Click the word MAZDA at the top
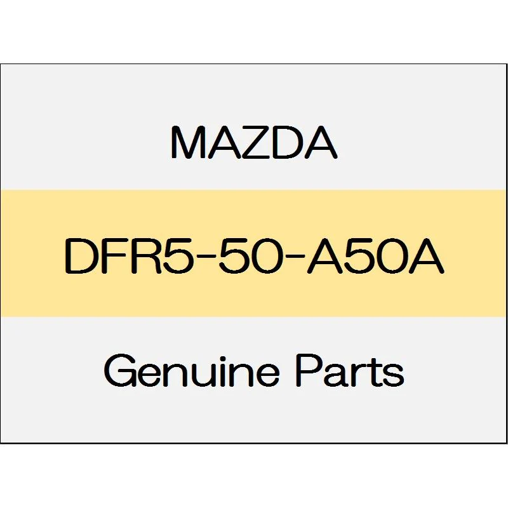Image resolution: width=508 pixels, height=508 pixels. (254, 142)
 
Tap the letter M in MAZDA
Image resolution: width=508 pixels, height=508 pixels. (188, 142)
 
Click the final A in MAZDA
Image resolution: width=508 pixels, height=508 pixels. (321, 142)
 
